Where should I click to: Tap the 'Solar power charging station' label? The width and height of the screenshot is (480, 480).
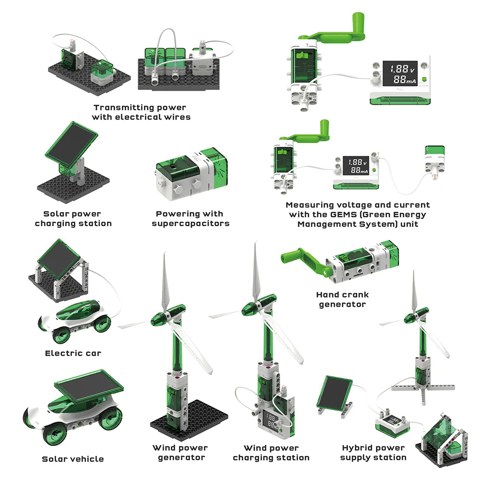[73, 218]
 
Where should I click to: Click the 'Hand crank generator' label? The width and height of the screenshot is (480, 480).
[342, 300]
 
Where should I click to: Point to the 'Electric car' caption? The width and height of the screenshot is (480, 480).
[73, 353]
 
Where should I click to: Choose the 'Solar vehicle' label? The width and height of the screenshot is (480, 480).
[72, 459]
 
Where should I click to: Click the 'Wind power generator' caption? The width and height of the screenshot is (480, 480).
[180, 453]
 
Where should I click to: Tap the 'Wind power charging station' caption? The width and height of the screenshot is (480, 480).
[271, 453]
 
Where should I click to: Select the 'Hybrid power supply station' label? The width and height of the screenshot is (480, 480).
[373, 453]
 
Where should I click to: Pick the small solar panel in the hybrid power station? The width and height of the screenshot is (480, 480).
[336, 393]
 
